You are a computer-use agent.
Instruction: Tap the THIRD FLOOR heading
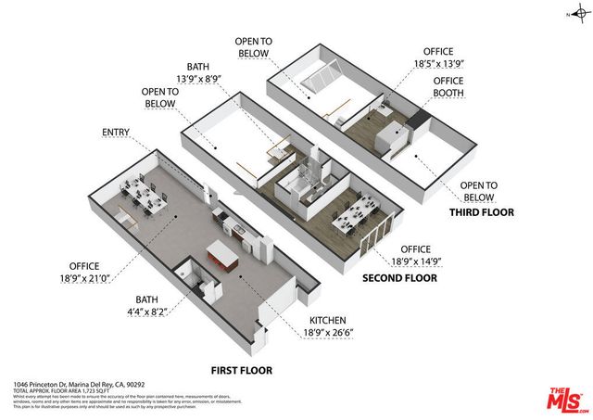point(482,212)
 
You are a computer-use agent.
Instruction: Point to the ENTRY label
point(116,133)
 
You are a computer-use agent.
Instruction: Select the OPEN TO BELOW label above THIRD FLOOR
point(479,190)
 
